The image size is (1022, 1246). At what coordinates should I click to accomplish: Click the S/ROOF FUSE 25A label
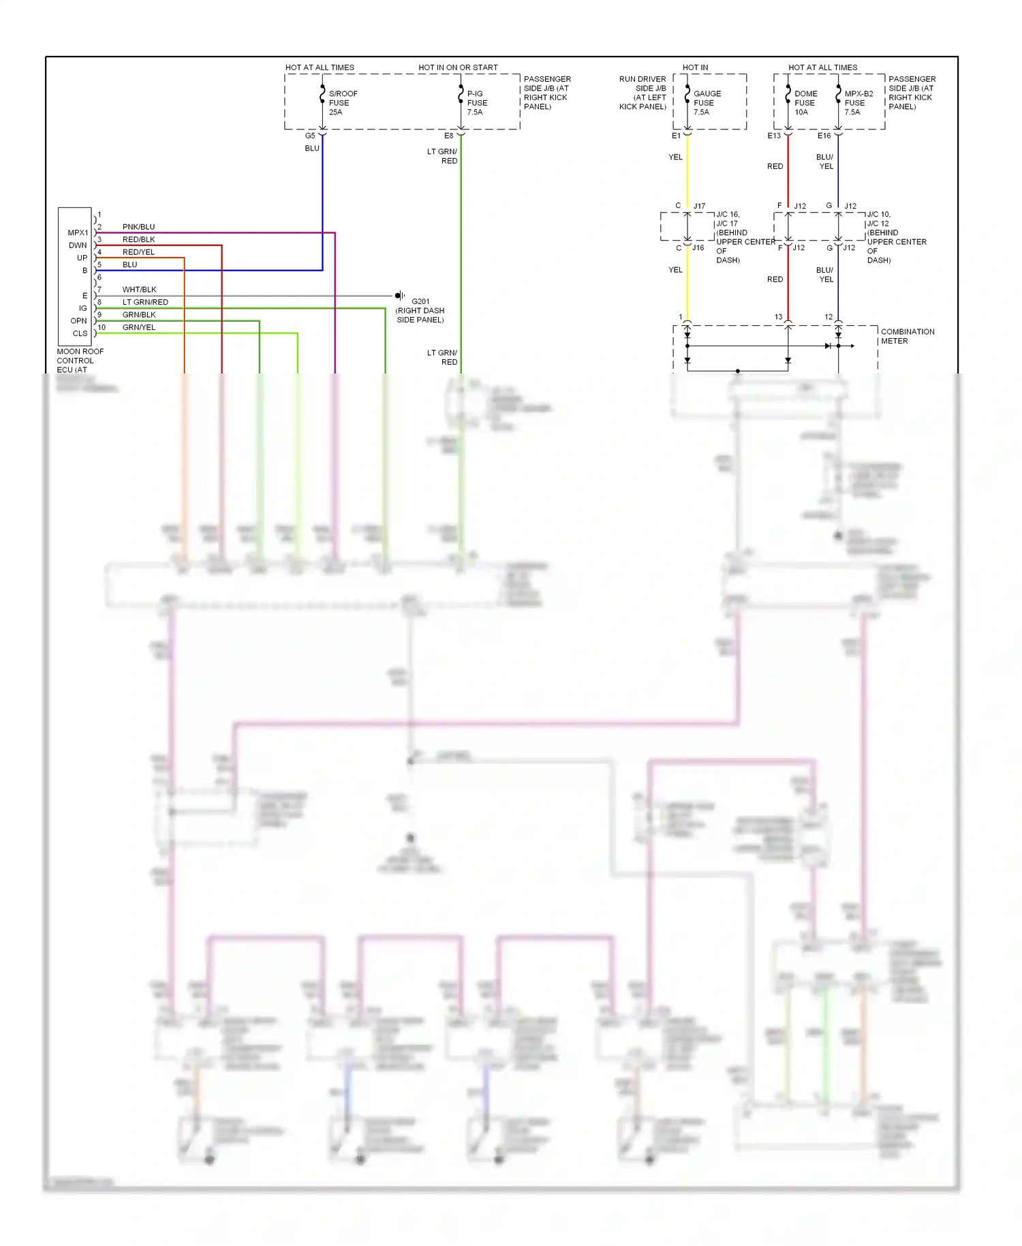pyautogui.click(x=342, y=103)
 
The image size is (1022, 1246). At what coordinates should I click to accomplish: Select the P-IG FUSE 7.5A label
pyautogui.click(x=476, y=103)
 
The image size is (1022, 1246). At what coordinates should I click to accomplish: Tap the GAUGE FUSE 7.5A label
pyautogui.click(x=707, y=103)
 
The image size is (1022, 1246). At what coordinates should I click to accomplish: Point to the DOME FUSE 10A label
pyautogui.click(x=805, y=103)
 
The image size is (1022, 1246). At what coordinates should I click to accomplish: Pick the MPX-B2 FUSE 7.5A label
pyautogui.click(x=858, y=103)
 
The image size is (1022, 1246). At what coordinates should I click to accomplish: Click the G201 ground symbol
pyautogui.click(x=400, y=296)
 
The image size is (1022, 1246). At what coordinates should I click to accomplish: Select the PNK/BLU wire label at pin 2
pyautogui.click(x=138, y=227)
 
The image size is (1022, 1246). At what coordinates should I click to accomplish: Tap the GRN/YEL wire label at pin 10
pyautogui.click(x=138, y=327)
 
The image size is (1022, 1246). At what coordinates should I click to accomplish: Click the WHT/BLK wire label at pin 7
pyautogui.click(x=139, y=290)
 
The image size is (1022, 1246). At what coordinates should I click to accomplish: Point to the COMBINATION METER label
pyautogui.click(x=907, y=336)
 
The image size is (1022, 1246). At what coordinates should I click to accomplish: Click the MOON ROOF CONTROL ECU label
pyautogui.click(x=80, y=361)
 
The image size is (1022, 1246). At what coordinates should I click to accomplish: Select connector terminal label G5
pyautogui.click(x=310, y=136)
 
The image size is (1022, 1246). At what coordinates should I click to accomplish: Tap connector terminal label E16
pyautogui.click(x=824, y=136)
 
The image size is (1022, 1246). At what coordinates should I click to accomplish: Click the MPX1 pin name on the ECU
pyautogui.click(x=78, y=233)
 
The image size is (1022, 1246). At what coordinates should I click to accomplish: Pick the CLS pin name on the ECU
pyautogui.click(x=80, y=333)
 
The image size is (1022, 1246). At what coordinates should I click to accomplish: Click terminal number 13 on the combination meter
pyautogui.click(x=778, y=317)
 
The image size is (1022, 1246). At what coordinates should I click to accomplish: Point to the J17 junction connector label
pyautogui.click(x=699, y=206)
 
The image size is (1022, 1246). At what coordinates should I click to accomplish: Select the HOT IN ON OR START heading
pyautogui.click(x=458, y=67)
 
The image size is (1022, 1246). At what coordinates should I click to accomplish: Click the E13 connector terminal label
pyautogui.click(x=774, y=136)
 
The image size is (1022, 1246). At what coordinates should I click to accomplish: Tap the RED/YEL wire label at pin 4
pyautogui.click(x=138, y=252)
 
